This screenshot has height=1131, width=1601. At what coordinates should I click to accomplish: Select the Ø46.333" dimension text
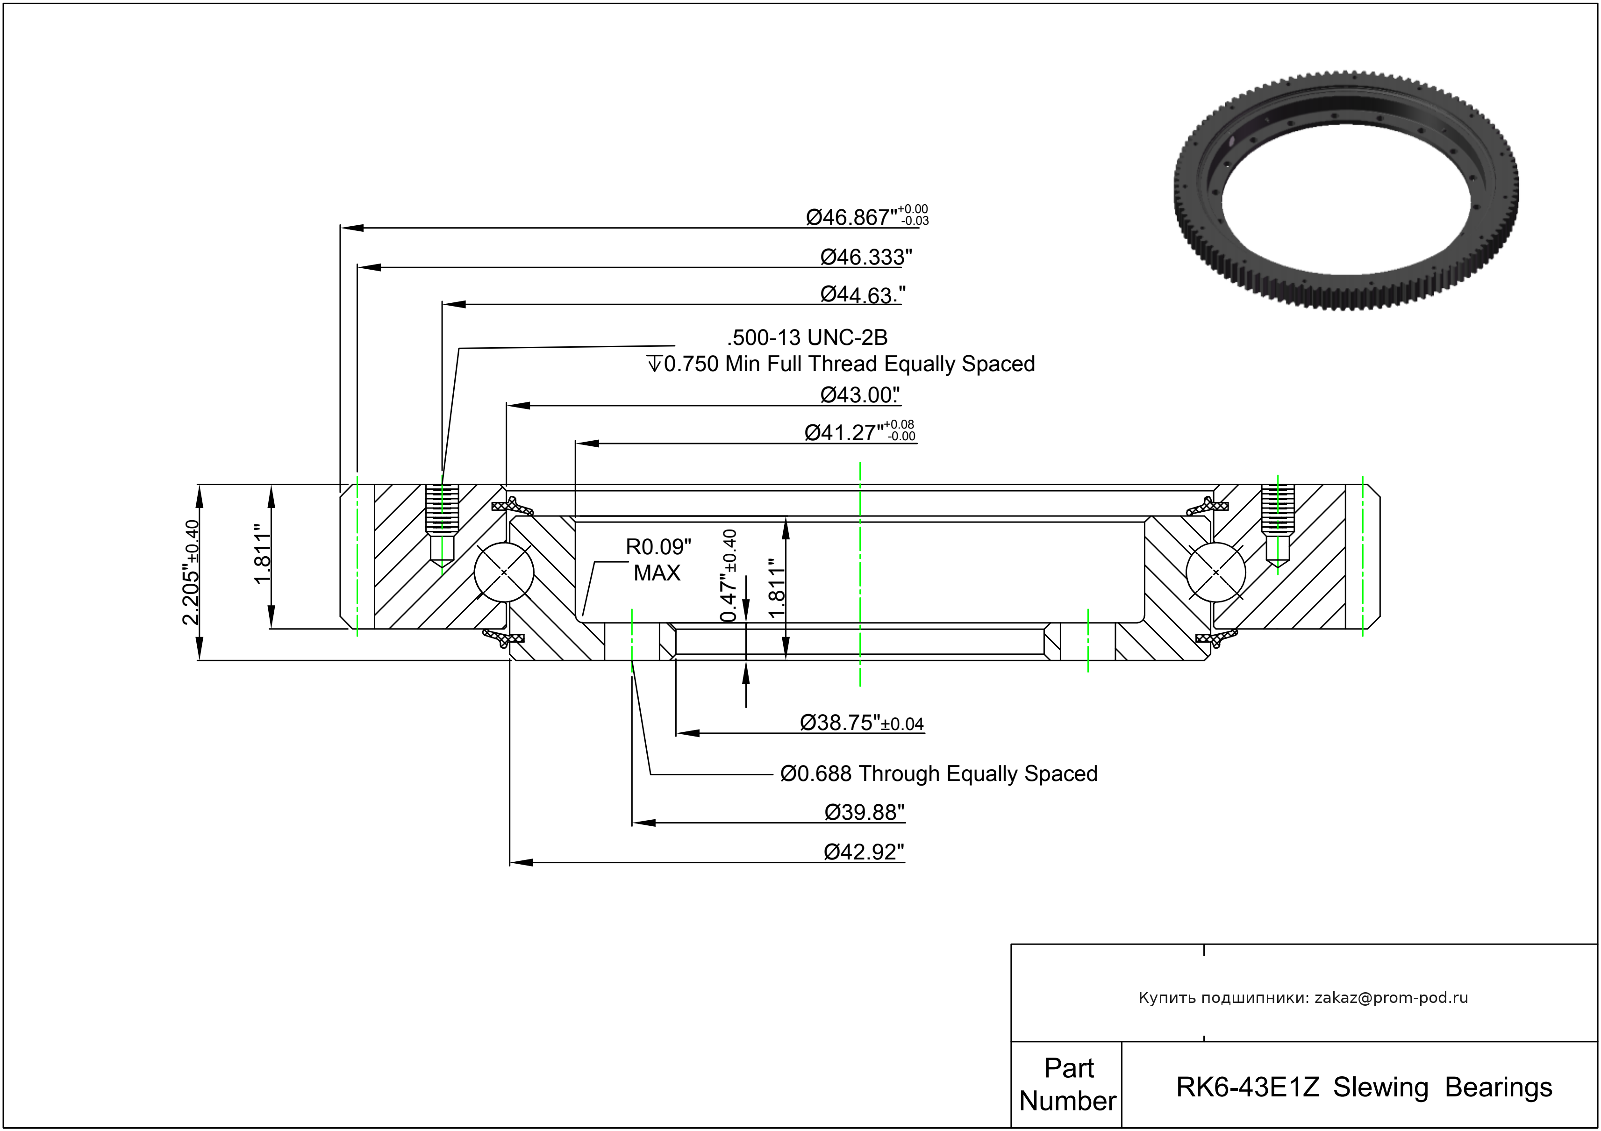[x=865, y=258]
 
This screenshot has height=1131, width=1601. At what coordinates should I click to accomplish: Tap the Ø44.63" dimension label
[x=863, y=295]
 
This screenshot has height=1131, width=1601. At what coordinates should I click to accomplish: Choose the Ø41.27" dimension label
[x=859, y=432]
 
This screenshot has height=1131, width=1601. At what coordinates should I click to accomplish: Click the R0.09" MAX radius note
[x=658, y=560]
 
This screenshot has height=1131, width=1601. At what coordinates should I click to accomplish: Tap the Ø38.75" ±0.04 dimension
[x=861, y=723]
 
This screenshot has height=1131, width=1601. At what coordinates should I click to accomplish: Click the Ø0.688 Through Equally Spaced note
[x=938, y=774]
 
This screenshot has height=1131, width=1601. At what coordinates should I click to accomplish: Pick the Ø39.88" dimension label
[x=864, y=812]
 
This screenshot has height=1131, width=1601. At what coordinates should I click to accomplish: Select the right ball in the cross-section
[x=1215, y=572]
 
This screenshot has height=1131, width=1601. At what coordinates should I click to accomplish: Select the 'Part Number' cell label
[x=1067, y=1085]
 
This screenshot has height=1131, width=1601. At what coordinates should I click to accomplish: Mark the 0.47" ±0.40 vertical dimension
[x=729, y=576]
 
